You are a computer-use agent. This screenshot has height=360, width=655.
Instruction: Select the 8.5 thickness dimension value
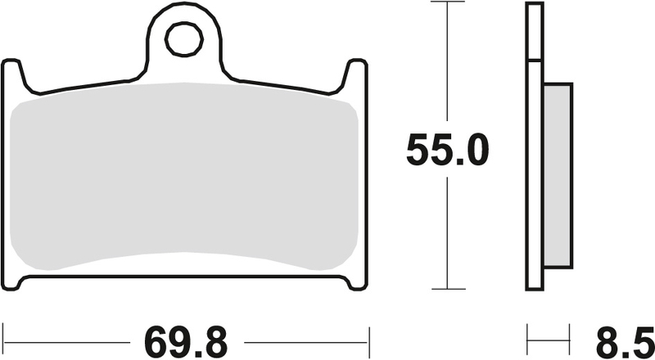[617, 336]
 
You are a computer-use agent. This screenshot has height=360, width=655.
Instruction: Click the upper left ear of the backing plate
[13, 74]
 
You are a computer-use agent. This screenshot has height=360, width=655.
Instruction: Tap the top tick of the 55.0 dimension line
[447, 3]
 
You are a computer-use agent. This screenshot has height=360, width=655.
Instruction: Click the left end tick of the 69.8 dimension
[3, 336]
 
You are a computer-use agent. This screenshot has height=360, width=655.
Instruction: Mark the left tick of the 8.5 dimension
[526, 336]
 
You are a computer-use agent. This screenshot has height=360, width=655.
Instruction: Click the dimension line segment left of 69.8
[65, 336]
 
